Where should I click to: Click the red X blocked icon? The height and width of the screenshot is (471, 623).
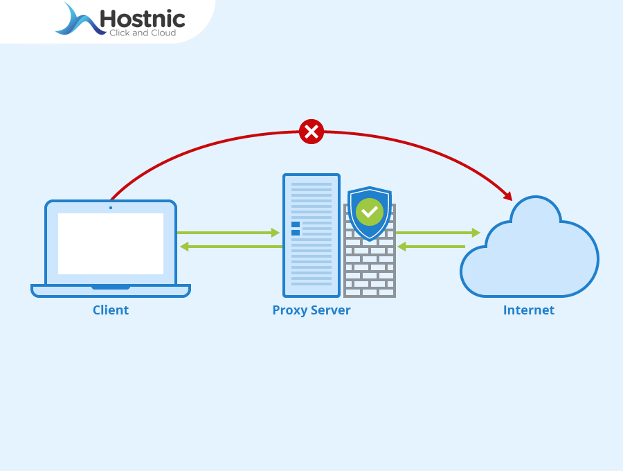coord(311,131)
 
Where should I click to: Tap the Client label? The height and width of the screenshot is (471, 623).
coord(111,310)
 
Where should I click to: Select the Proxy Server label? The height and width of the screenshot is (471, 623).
coord(311,310)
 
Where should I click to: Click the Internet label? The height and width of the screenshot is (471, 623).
coord(528,310)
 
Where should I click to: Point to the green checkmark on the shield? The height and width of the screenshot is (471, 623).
coord(370,211)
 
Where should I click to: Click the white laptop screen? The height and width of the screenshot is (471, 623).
coord(111,243)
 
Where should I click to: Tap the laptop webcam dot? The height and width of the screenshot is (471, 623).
coord(111,207)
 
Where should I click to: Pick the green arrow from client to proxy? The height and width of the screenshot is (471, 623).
coord(228,233)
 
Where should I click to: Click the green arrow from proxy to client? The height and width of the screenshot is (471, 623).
coord(231,247)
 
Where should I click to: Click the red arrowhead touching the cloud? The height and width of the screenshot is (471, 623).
coord(507,196)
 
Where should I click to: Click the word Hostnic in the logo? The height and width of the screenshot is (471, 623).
coord(142,18)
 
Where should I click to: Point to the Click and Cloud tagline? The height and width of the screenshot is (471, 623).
coord(142,33)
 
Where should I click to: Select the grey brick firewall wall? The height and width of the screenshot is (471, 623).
coord(370,270)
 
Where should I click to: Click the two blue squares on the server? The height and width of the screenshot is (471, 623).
coord(296,229)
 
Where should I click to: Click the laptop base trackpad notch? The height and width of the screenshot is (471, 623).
coord(111,287)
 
